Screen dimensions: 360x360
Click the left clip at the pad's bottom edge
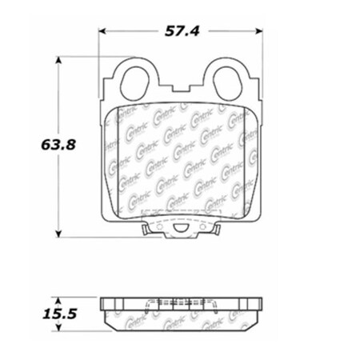tap(143, 231)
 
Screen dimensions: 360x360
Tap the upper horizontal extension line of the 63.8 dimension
tap(88, 56)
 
